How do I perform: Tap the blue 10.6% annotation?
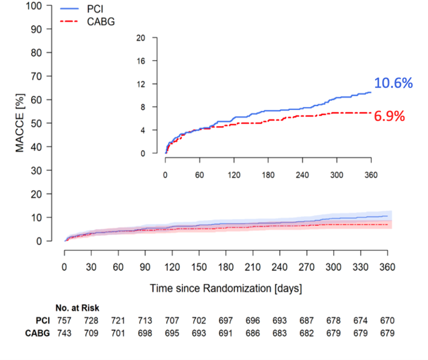pos(393,83)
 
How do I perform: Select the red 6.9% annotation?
pos(390,116)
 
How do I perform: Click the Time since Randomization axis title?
pos(226,289)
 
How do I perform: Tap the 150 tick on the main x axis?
pos(199,266)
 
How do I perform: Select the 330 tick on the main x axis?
pos(360,266)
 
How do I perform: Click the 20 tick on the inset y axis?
pos(141,38)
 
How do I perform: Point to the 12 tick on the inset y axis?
pos(141,84)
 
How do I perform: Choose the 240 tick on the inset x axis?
pos(302,175)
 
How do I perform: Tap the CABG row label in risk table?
pos(38,334)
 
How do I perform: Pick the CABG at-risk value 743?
pos(64,334)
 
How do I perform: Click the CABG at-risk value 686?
pos(253,334)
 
